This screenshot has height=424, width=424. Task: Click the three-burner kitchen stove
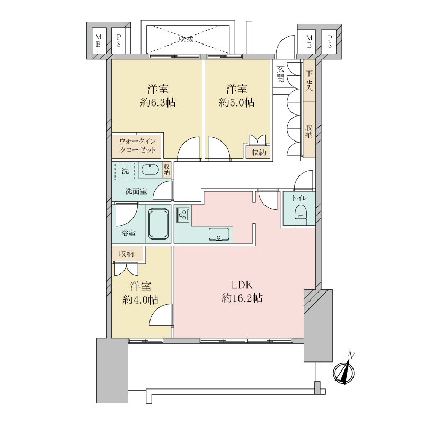click(x=183, y=215)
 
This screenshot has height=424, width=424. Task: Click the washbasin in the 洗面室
click(x=150, y=170)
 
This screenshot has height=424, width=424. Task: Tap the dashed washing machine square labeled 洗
click(x=125, y=171)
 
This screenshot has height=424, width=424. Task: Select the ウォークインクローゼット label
click(x=138, y=146)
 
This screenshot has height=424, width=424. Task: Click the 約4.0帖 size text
click(x=140, y=300)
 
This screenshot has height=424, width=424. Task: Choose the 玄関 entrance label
click(x=280, y=73)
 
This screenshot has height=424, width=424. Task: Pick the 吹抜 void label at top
click(x=185, y=38)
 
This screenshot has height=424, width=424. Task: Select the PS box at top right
click(x=330, y=41)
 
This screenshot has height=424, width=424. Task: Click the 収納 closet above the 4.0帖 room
click(x=126, y=254)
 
